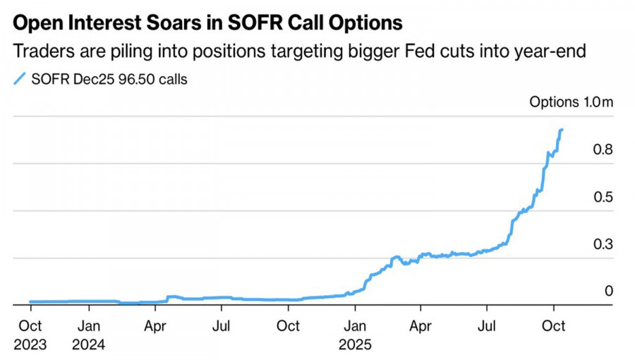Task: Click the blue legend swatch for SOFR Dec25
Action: tap(20, 79)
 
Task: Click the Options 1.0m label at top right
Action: tap(571, 102)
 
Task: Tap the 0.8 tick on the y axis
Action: tap(603, 150)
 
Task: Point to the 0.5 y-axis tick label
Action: tap(603, 197)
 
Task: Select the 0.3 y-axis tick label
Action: tap(603, 244)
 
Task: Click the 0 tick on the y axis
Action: tap(608, 291)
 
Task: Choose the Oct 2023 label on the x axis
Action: tap(30, 335)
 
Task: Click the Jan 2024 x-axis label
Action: tap(88, 335)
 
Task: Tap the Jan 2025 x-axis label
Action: tap(355, 335)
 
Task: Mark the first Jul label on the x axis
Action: tap(222, 326)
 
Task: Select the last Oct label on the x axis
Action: tap(553, 326)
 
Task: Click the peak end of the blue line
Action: tap(562, 130)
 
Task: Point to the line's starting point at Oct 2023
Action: tap(31, 302)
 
